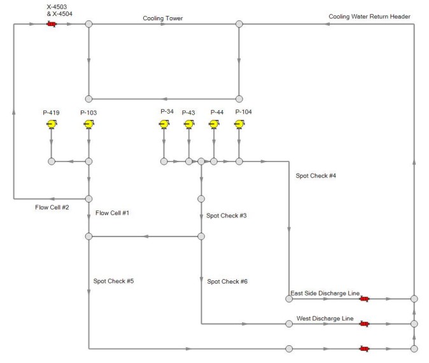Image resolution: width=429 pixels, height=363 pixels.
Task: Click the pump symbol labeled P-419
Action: [51, 124]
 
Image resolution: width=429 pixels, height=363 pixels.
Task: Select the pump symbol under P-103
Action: [88, 124]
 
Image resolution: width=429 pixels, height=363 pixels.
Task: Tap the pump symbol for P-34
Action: [164, 124]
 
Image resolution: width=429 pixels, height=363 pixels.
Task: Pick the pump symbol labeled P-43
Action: [188, 124]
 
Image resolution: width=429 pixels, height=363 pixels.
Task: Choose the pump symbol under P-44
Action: [214, 124]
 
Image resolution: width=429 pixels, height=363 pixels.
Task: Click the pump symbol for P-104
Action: [239, 124]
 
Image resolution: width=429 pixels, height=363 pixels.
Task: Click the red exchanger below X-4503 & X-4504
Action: [52, 24]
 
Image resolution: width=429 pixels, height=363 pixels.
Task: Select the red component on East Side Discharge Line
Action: [364, 298]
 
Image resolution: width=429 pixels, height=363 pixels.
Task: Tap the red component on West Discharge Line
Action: [364, 324]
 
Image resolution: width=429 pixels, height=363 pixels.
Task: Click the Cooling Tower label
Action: [162, 18]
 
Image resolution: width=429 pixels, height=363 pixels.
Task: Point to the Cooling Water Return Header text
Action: [369, 17]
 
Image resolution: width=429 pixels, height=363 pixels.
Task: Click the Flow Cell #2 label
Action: [52, 207]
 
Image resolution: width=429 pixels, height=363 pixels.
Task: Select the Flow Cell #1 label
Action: [112, 212]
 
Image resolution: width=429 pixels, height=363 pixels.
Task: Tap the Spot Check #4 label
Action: [316, 175]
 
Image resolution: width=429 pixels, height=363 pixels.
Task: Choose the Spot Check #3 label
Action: [226, 216]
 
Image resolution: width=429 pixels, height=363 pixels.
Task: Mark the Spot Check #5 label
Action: [113, 281]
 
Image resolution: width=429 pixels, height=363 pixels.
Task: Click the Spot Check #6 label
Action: [227, 281]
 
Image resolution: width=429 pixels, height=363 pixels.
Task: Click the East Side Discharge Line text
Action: [325, 293]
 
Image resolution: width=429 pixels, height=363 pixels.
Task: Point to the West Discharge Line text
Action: [325, 318]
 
